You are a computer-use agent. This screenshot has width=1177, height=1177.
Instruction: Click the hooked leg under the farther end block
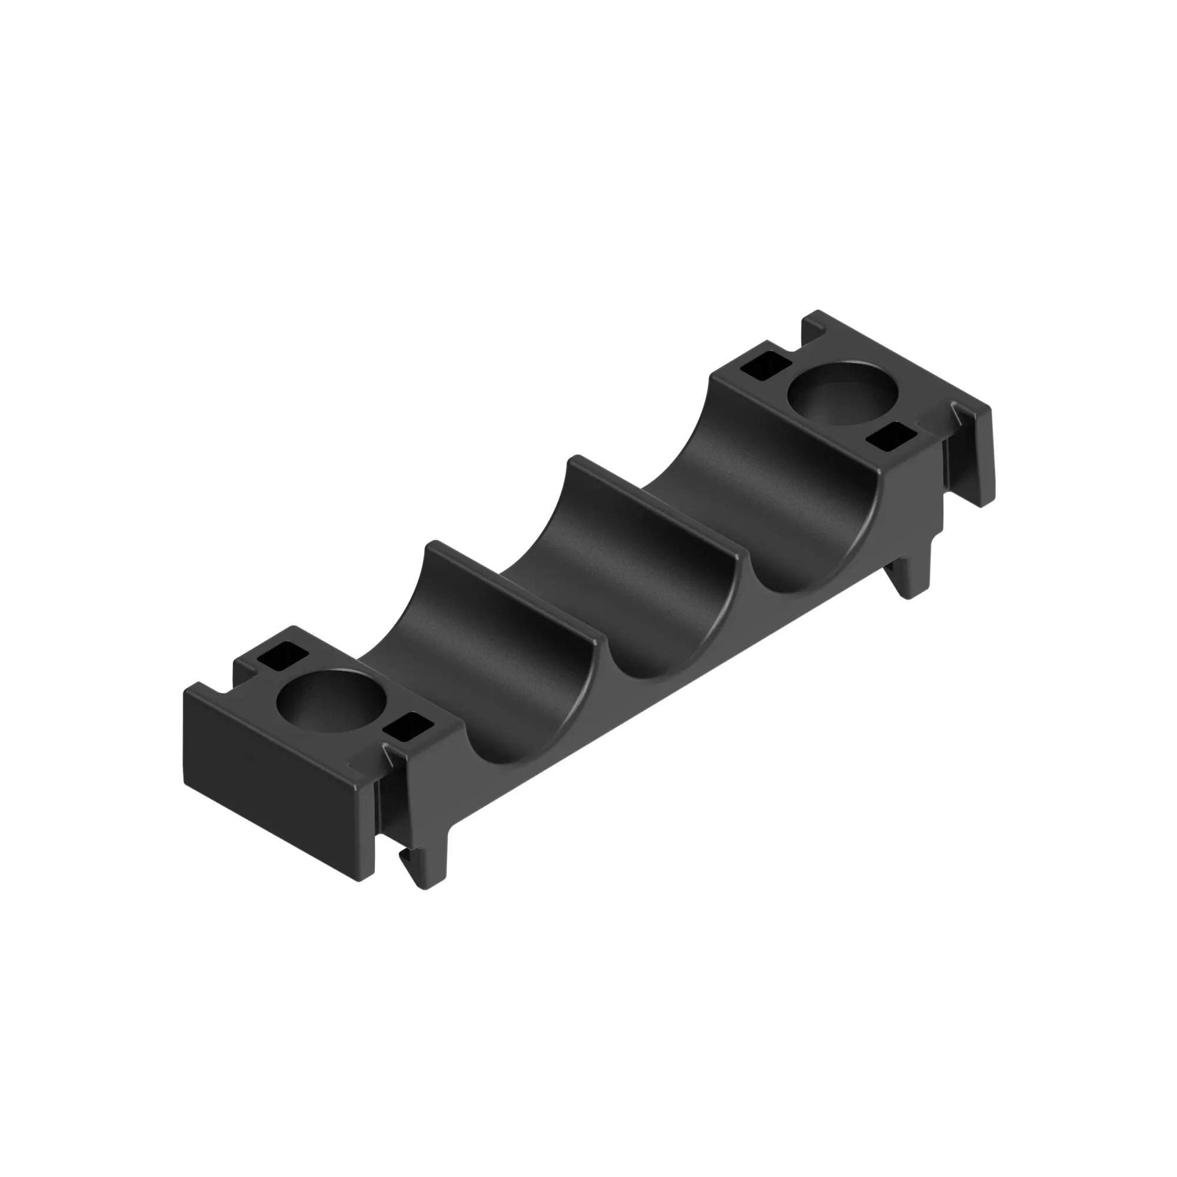pyautogui.click(x=914, y=567)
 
